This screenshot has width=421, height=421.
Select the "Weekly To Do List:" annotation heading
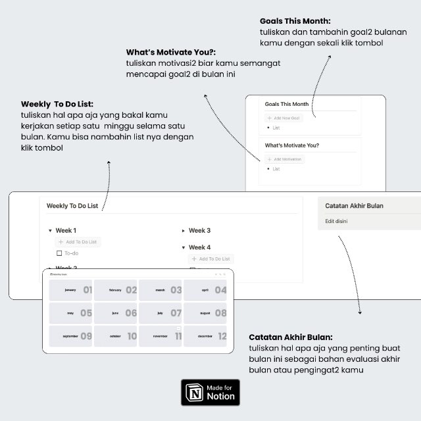tap(57, 104)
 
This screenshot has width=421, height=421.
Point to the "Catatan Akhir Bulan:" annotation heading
tap(291, 336)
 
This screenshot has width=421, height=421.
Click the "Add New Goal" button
tap(284, 118)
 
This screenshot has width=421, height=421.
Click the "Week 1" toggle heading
tap(66, 230)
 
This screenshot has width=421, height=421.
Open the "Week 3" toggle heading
tap(199, 230)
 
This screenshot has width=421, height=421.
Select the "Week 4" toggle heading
tap(199, 247)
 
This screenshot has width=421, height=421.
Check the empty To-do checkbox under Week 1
tap(59, 253)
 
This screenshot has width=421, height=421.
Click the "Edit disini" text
tap(337, 221)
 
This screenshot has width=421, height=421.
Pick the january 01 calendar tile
tap(71, 290)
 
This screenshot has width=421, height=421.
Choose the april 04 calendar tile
tap(205, 290)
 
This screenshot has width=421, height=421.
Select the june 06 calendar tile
tap(116, 313)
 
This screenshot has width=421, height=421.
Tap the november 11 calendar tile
tap(161, 336)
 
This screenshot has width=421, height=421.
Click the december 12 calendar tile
tap(205, 336)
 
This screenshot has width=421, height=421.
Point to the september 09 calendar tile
tap(71, 336)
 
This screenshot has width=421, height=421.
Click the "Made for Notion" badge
tap(210, 393)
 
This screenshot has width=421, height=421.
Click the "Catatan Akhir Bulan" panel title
tap(354, 206)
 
